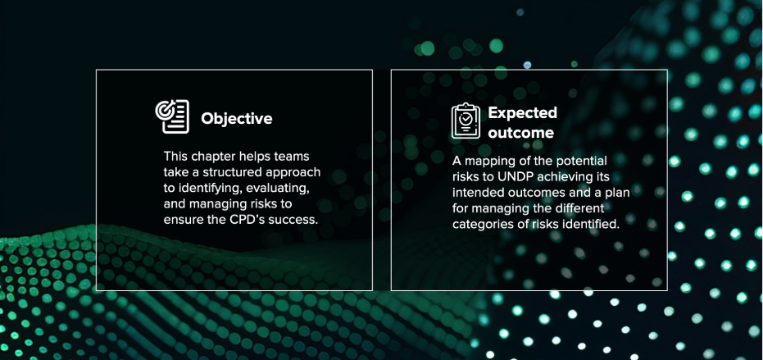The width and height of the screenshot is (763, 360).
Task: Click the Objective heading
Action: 237,118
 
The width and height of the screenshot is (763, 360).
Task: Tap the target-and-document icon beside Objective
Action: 172,116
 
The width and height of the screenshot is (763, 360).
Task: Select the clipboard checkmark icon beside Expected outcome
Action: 466,121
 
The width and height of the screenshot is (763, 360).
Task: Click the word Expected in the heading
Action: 523,113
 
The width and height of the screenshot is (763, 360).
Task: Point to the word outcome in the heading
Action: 520,133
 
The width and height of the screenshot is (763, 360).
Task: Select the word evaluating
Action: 274,189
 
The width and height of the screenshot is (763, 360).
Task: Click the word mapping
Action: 486,161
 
